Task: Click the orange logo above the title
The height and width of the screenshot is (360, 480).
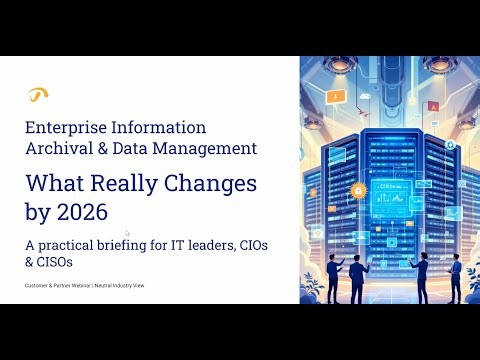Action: click(38, 95)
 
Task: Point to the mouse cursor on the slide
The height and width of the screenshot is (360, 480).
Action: click(127, 232)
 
